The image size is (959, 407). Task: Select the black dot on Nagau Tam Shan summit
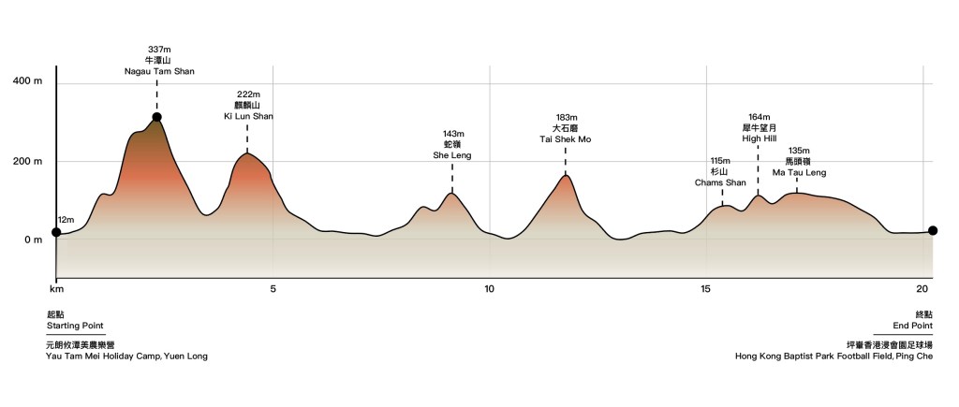(157, 118)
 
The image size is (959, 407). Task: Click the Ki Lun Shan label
(248, 116)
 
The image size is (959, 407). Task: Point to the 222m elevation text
(248, 94)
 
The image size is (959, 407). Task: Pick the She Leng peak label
(452, 155)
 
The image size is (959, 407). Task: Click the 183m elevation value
(566, 118)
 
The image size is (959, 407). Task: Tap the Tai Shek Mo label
(566, 139)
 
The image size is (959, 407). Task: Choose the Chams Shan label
(721, 182)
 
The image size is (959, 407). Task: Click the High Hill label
(760, 138)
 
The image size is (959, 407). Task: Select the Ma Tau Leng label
(799, 173)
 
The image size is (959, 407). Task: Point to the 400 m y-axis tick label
(28, 83)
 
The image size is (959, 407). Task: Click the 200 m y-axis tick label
(28, 162)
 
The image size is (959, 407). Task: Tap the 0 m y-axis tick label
(34, 240)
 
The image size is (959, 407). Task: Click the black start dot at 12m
(56, 232)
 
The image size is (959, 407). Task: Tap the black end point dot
(932, 231)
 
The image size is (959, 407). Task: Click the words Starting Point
(75, 326)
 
